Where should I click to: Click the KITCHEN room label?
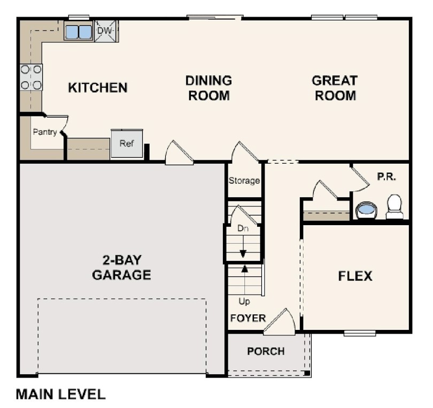tap(98, 88)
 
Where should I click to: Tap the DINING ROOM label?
tap(208, 88)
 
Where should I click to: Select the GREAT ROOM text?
tap(335, 88)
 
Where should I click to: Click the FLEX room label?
tap(355, 276)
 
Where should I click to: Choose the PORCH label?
tap(266, 351)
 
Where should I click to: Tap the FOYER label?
tap(248, 318)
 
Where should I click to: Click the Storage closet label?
tap(244, 181)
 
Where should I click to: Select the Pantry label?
tap(44, 132)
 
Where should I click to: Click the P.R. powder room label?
tap(386, 176)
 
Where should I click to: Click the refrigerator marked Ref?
tap(127, 144)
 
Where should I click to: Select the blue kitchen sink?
tap(79, 32)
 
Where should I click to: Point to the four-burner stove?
tap(31, 77)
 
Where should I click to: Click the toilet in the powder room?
tap(395, 206)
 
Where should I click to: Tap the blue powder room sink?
tap(366, 209)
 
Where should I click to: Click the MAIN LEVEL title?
tap(60, 395)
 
